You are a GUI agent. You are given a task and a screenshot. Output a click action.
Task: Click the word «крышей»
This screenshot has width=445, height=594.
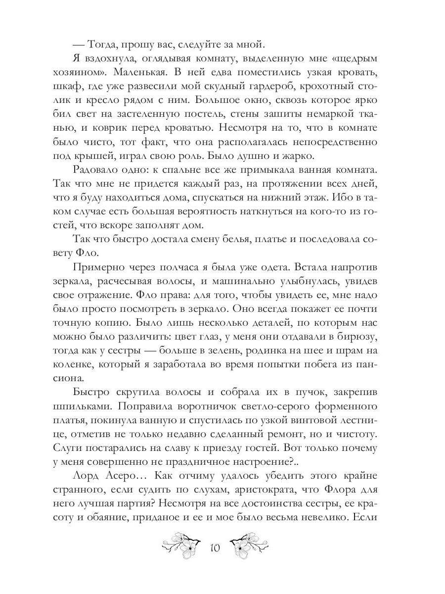pos(100,156)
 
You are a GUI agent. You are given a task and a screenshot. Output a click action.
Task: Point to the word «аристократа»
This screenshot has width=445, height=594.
pos(252,491)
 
